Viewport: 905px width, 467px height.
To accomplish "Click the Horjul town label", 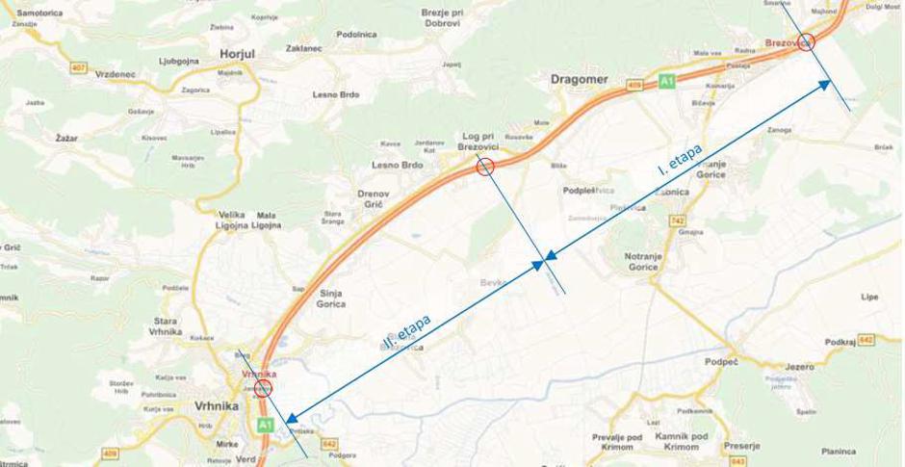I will pos(237,55).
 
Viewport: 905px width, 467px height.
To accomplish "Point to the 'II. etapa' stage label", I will pos(407,331).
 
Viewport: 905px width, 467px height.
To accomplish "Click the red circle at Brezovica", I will pos(807,41).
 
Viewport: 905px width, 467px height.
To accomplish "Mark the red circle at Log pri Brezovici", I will pos(486,167).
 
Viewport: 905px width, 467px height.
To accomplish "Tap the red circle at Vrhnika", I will pos(264,387).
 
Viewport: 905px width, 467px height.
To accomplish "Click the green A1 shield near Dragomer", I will pos(667,82).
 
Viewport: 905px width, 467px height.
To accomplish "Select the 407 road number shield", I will pos(78,67).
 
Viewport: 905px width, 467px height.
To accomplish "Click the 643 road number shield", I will pos(738,460).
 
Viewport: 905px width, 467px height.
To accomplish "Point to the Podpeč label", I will pos(721,361).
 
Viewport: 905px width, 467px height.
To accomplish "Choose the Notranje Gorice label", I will pos(641,260).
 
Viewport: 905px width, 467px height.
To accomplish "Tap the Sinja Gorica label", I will pos(330,298).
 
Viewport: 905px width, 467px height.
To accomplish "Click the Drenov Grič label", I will pos(373,199).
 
